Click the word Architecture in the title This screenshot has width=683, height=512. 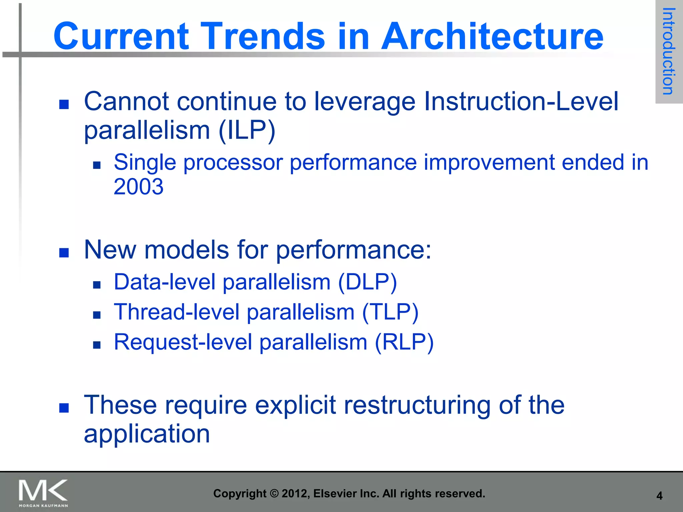[492, 36]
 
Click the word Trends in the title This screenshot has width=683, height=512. [264, 36]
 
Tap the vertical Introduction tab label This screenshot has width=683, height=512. [668, 51]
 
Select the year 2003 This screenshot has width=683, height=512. [138, 187]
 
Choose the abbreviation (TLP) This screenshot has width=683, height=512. [390, 313]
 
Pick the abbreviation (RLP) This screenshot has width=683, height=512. [404, 342]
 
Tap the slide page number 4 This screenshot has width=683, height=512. [659, 496]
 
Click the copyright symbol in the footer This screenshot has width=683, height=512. [274, 494]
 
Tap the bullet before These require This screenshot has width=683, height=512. [64, 408]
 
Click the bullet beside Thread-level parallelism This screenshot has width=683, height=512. [97, 315]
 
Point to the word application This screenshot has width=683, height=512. [147, 434]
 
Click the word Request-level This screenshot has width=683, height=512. [183, 342]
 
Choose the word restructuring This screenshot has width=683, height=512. [417, 405]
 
